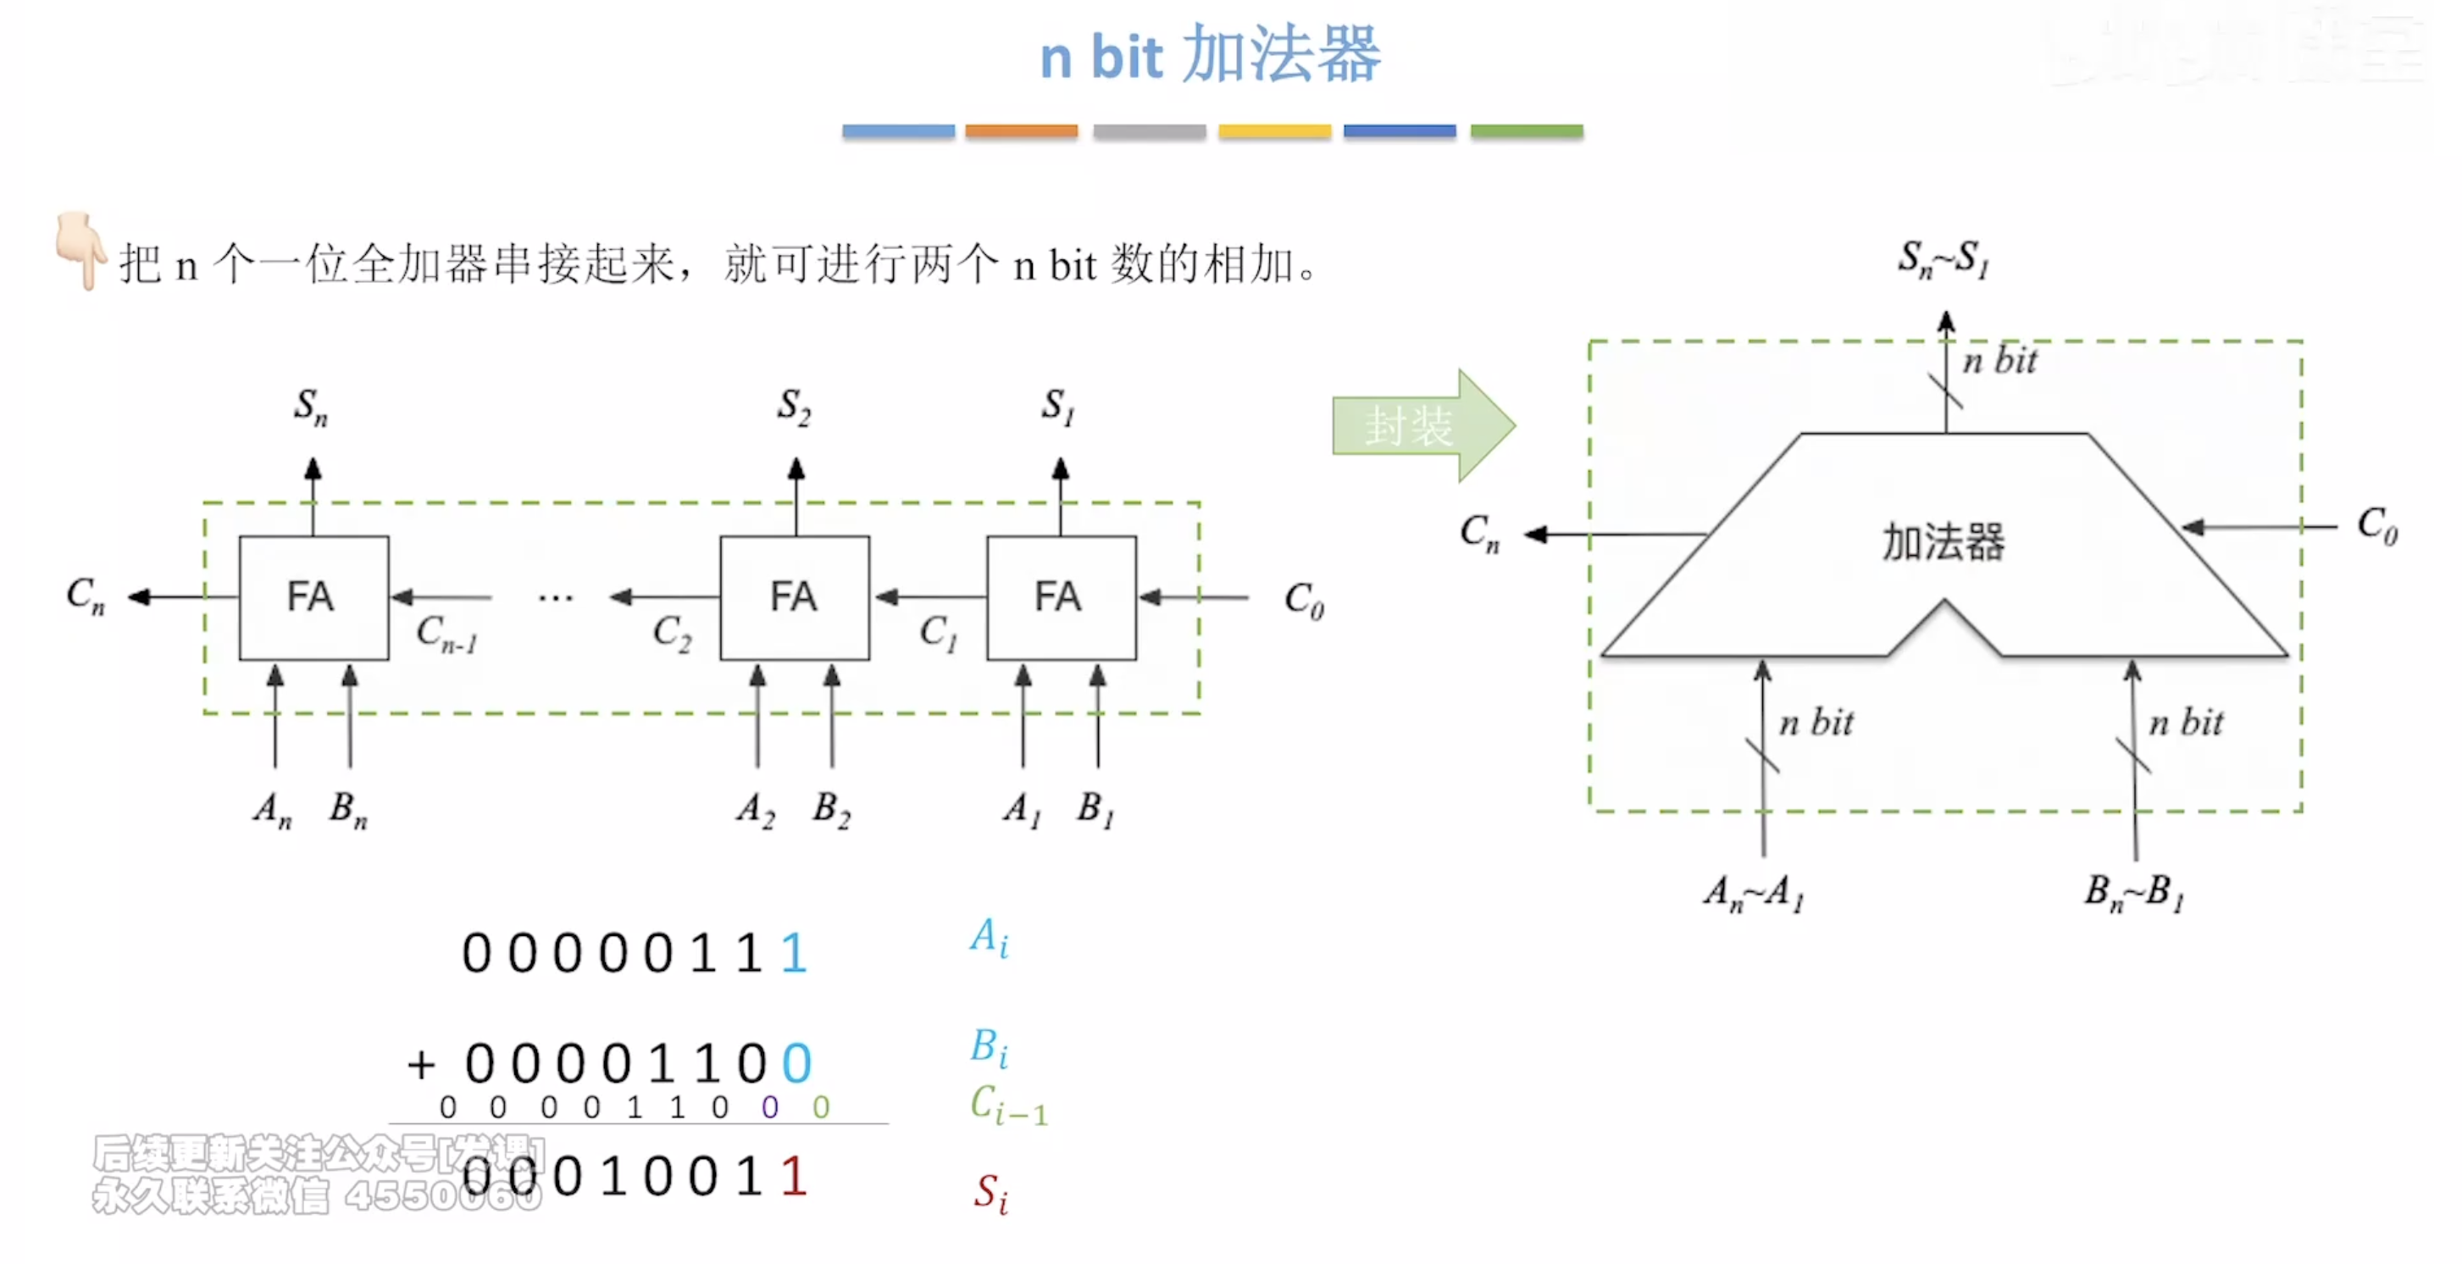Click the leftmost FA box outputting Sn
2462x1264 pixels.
(313, 597)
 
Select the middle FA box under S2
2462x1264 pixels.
(794, 597)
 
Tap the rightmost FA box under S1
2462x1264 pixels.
(1061, 597)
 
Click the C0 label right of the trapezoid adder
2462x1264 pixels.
(2376, 524)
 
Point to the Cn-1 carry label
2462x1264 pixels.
(446, 634)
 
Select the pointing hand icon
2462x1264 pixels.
(80, 248)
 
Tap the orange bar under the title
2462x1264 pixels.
(1021, 131)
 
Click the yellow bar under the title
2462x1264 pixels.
(1274, 131)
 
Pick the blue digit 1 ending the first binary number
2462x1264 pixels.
(793, 953)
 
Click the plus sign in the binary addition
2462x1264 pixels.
(420, 1064)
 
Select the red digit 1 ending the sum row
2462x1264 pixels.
(793, 1176)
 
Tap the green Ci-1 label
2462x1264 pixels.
(1007, 1106)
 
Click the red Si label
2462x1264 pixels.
(990, 1192)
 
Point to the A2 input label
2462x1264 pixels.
(755, 810)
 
